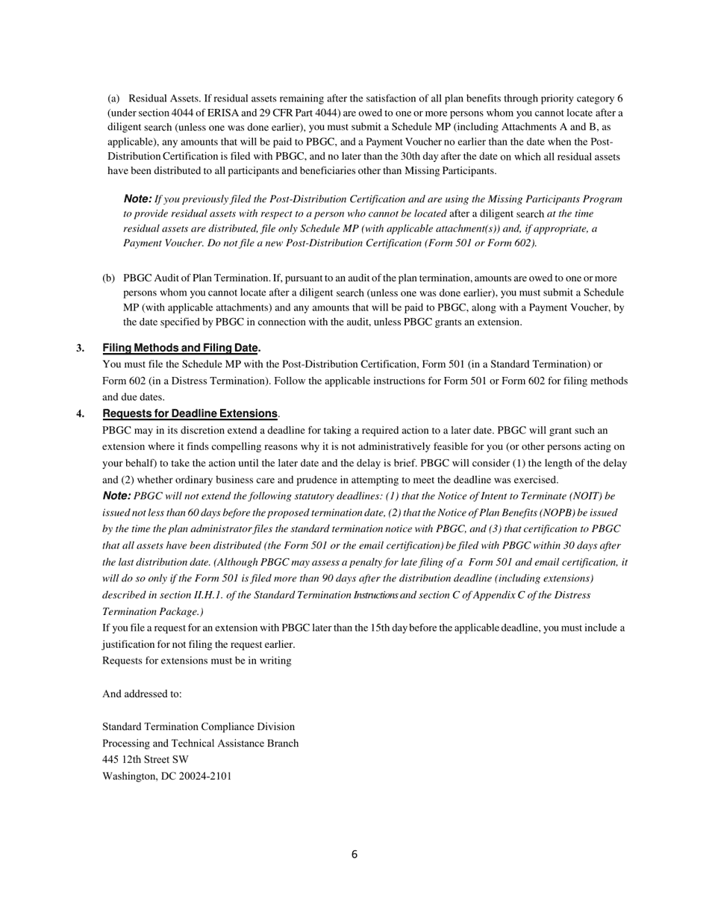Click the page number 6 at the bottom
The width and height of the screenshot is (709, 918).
[354, 855]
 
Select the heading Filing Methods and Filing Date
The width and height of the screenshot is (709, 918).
[181, 348]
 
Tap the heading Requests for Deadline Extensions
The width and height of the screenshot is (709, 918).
[190, 413]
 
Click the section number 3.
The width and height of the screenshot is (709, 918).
[80, 348]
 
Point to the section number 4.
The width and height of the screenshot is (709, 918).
[80, 413]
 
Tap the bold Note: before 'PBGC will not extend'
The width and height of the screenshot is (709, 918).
[116, 496]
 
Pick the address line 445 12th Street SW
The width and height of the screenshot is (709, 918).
[146, 760]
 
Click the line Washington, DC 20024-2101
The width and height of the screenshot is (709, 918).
[166, 776]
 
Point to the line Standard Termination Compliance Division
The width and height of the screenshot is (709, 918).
[198, 727]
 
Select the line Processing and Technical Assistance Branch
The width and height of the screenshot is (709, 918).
[200, 743]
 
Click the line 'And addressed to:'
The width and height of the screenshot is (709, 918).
[142, 694]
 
